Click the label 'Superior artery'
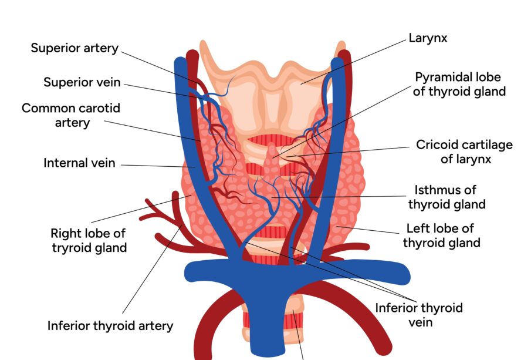pyautogui.click(x=75, y=48)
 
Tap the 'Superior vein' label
pyautogui.click(x=82, y=82)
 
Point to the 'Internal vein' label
pyautogui.click(x=79, y=163)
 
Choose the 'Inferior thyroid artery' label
pyautogui.click(x=110, y=325)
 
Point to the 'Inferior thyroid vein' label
pyautogui.click(x=419, y=314)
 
